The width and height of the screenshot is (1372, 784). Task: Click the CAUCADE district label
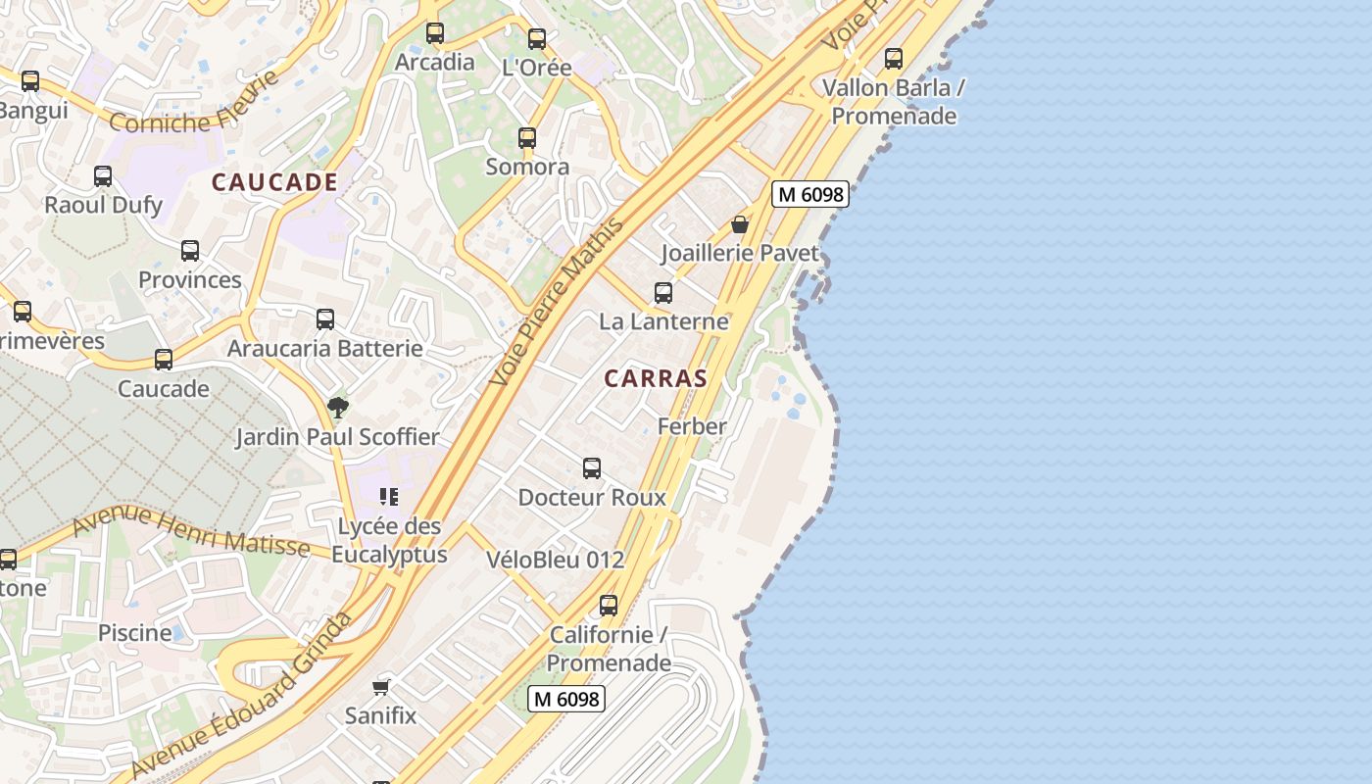(x=274, y=182)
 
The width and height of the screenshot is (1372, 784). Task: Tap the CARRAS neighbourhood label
(x=656, y=378)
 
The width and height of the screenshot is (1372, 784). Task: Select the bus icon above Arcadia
(x=435, y=33)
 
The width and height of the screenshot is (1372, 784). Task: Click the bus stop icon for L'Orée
(x=537, y=39)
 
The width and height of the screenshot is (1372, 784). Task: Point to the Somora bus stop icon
(x=527, y=138)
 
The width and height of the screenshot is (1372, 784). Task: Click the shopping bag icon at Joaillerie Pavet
(x=740, y=224)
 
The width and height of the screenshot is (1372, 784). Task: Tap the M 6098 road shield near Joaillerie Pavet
(x=808, y=194)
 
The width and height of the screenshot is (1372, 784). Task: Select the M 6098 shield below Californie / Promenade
(x=565, y=699)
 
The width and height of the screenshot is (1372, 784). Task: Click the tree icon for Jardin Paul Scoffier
(x=338, y=407)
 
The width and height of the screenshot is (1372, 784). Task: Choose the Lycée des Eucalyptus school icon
(x=389, y=497)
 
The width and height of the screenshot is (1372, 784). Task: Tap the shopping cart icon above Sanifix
(x=381, y=687)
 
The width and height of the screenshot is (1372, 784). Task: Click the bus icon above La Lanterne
(x=663, y=293)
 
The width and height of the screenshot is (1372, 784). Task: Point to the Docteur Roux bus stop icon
(x=592, y=468)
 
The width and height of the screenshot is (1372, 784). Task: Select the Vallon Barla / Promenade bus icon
(x=894, y=59)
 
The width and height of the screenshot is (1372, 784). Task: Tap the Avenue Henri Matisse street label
(x=190, y=530)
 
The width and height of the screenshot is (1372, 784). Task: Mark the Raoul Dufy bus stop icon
(x=103, y=176)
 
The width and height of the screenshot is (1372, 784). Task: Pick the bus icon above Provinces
(x=190, y=251)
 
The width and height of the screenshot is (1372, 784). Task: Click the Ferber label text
(x=692, y=426)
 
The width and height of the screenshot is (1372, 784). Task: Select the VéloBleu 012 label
(x=555, y=560)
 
